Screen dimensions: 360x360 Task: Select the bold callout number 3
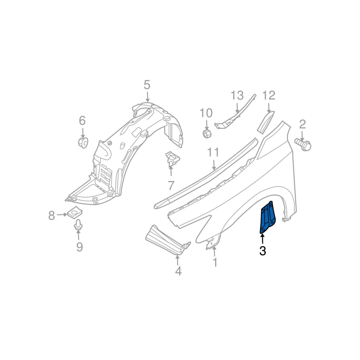coord(263,251)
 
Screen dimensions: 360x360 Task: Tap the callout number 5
coord(147,85)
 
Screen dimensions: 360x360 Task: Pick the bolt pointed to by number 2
coord(303,144)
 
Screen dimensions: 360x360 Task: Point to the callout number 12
coord(269,95)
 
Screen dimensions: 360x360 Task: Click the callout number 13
coord(237,95)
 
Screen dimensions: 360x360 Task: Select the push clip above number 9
coord(78,225)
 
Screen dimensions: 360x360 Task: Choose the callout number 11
coord(213,153)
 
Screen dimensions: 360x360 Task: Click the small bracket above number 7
coord(172,158)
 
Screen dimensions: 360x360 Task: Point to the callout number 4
coord(178,271)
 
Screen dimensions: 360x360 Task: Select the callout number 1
coord(215,262)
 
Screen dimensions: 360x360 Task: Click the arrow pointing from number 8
coord(62,215)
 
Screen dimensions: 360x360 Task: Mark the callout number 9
coord(79,247)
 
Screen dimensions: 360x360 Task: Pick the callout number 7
coord(171,185)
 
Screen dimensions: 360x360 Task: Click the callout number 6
coord(82,121)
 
